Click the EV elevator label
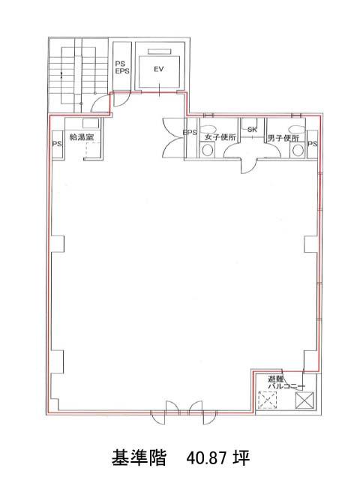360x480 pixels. (158, 70)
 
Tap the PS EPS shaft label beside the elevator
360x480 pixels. (122, 67)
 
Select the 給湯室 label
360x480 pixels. (82, 137)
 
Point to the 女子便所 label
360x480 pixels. (220, 137)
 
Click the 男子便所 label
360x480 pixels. (283, 138)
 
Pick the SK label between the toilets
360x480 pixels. (252, 130)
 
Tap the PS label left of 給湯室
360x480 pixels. (57, 143)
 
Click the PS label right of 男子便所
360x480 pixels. (313, 143)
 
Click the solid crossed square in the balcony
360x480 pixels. (304, 400)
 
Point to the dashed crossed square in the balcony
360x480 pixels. (268, 400)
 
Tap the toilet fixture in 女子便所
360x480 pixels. (208, 150)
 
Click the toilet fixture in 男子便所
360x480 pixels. (297, 150)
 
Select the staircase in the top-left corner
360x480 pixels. (78, 76)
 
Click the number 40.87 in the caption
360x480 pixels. (207, 458)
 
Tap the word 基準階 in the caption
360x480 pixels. (138, 457)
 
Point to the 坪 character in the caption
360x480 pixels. (241, 458)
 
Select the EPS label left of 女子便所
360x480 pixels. (190, 133)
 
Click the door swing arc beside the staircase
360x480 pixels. (98, 101)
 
